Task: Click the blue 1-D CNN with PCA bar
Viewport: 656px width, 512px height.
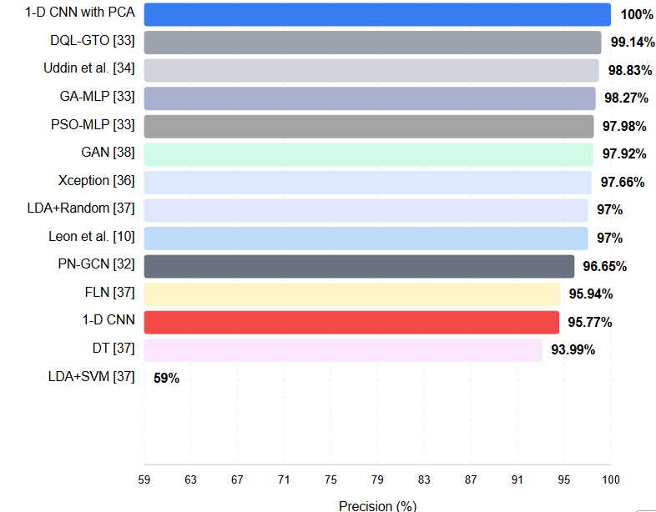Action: [377, 14]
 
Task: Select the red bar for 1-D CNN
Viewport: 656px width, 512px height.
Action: [351, 322]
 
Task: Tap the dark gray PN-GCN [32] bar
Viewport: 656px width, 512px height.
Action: [359, 266]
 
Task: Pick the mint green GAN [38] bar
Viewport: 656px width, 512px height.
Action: [368, 154]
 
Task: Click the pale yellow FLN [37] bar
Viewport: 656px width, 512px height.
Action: [352, 294]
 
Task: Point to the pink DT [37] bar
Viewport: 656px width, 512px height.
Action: [343, 349]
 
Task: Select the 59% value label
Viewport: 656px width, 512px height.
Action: [167, 378]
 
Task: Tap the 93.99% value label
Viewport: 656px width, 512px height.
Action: [573, 350]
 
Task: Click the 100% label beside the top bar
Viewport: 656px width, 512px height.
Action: [637, 15]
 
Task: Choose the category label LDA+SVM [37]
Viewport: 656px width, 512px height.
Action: [91, 376]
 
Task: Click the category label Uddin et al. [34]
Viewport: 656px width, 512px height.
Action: [89, 68]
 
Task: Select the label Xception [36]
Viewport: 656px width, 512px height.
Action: [97, 180]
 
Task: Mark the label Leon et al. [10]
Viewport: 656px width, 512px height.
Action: [92, 237]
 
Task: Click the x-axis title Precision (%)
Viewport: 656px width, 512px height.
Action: [377, 505]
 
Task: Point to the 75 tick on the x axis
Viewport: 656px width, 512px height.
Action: [331, 479]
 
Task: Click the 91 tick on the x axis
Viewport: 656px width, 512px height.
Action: [517, 479]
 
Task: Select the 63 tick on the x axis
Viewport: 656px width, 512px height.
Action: [191, 479]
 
